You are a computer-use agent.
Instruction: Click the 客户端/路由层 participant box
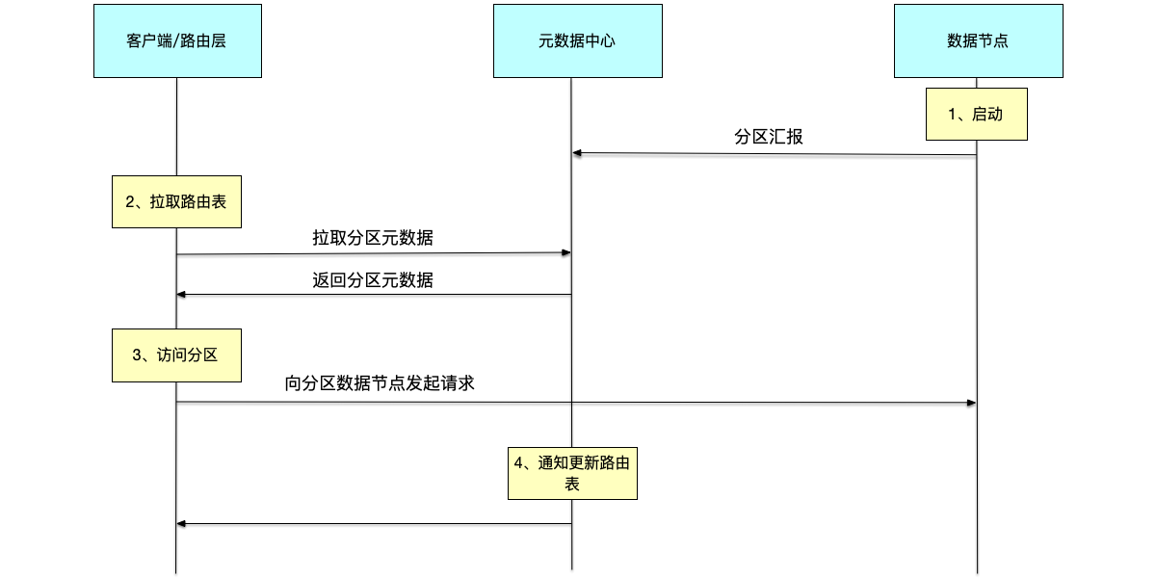click(x=177, y=40)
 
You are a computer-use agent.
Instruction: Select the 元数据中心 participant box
click(x=577, y=40)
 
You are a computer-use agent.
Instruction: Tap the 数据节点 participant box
click(x=978, y=40)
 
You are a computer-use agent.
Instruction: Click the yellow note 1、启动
click(x=977, y=114)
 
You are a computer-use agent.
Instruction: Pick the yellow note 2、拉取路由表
click(x=176, y=201)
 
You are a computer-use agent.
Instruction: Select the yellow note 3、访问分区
click(x=176, y=355)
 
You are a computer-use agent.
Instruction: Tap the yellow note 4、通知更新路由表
click(x=572, y=473)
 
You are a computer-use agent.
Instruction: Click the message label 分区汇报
click(x=768, y=137)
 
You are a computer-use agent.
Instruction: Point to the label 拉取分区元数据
click(x=373, y=237)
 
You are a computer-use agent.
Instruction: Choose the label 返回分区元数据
click(x=373, y=280)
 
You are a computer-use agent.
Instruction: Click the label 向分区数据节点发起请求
click(x=380, y=383)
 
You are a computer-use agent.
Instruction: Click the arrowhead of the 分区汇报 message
click(x=577, y=153)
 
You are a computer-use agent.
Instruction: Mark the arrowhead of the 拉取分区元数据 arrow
click(x=566, y=252)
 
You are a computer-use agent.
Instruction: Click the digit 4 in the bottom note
click(x=518, y=463)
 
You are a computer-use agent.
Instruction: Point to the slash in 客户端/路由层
click(x=175, y=41)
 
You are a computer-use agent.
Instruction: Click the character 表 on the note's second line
click(x=572, y=485)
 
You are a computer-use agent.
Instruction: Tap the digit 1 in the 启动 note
click(x=952, y=114)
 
